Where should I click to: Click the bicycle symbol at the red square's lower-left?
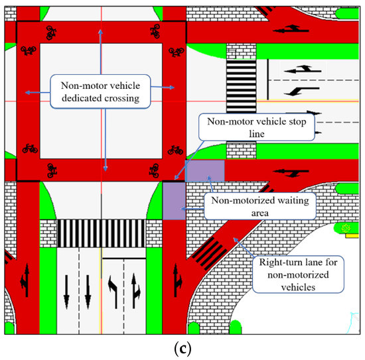click(29, 148)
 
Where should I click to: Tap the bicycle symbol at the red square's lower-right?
click(175, 149)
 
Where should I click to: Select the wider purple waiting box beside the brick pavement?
click(205, 170)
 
